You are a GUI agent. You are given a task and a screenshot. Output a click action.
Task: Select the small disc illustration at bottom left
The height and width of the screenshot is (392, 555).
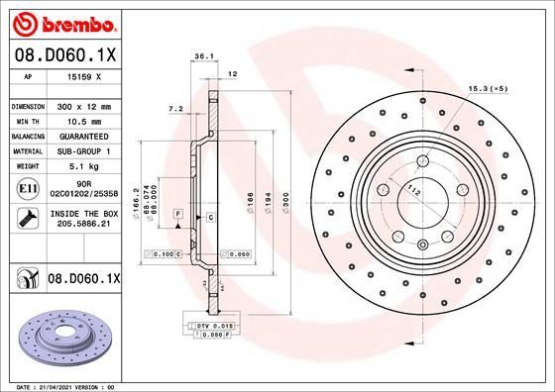point(61,336)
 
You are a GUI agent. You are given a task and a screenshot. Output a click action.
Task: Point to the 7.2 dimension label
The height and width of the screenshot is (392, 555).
point(175,107)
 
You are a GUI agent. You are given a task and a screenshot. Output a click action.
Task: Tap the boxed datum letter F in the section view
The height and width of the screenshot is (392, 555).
point(176,214)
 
